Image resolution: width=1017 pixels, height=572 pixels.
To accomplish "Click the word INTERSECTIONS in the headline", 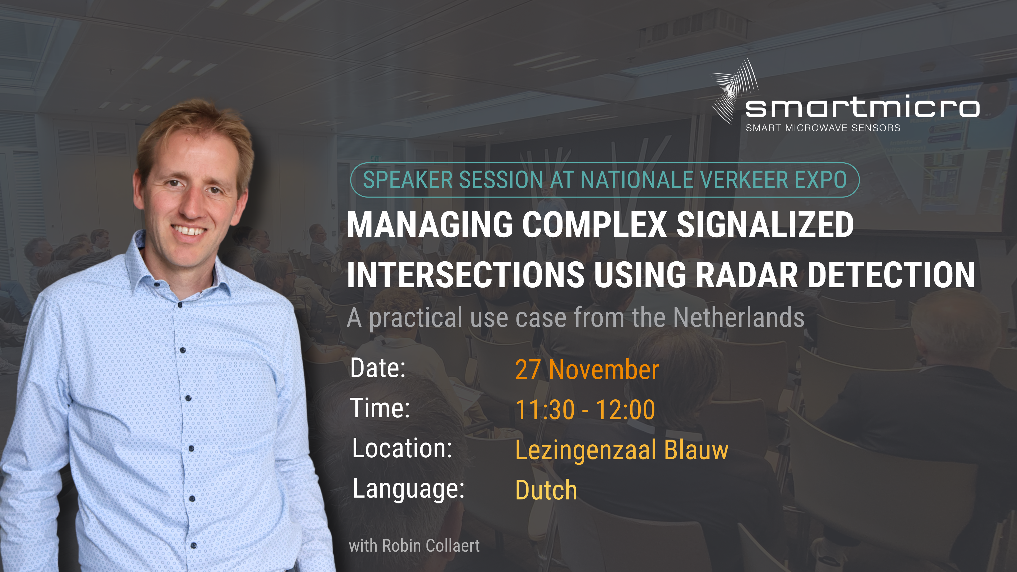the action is [x=466, y=275].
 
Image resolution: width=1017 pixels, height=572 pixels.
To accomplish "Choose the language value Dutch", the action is [x=546, y=490].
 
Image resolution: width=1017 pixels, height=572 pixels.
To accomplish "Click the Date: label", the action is [x=378, y=368].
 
